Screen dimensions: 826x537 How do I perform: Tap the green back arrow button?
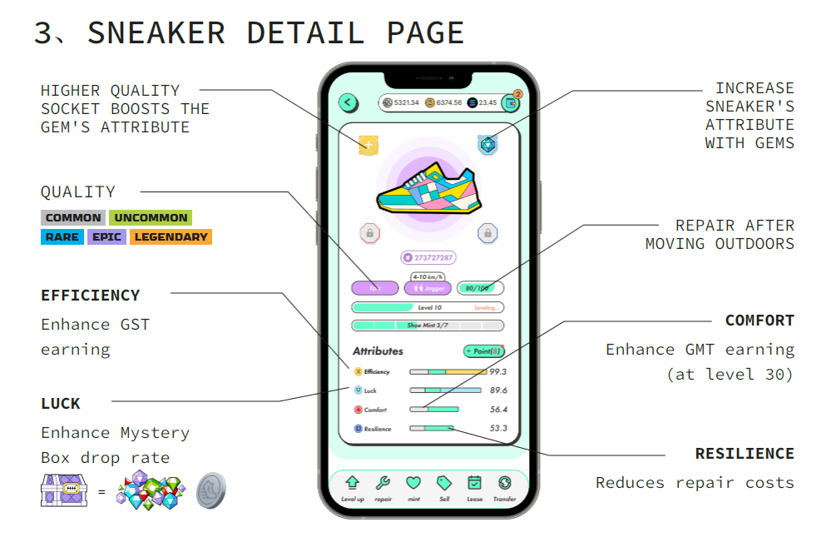tap(348, 102)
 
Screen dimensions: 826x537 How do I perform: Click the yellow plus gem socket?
tap(368, 145)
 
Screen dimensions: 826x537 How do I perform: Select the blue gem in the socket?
tap(488, 145)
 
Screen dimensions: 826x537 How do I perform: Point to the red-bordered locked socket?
tap(369, 233)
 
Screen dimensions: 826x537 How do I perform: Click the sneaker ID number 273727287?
tap(428, 258)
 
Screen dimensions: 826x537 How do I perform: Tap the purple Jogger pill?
tap(428, 288)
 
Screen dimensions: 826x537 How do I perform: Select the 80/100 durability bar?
tap(481, 288)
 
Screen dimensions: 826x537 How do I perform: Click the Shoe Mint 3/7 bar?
tap(428, 326)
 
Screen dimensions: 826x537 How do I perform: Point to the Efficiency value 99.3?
tap(498, 371)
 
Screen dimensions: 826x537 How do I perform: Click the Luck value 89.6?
tap(498, 390)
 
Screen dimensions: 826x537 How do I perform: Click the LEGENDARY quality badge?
tap(171, 237)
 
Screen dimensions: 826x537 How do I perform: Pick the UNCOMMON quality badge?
tap(151, 218)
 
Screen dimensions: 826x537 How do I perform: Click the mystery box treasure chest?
tap(65, 490)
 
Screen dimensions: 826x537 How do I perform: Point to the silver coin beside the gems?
tap(210, 490)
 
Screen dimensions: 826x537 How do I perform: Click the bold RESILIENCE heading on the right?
tap(744, 454)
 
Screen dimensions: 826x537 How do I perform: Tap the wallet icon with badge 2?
tap(510, 103)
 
